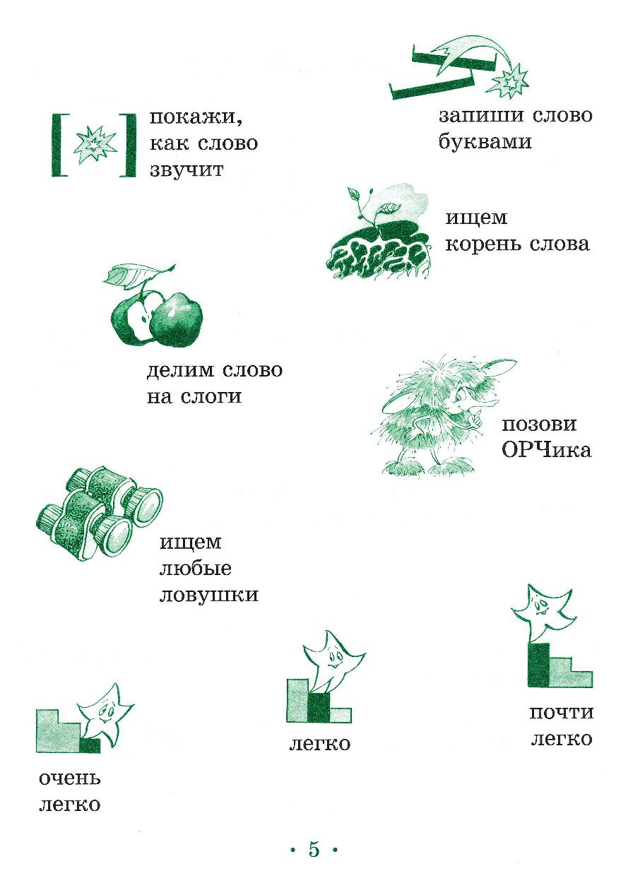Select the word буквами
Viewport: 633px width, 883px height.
485,141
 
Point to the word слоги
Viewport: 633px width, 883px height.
211,396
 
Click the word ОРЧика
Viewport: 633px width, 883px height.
546,450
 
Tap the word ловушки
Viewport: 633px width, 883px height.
209,595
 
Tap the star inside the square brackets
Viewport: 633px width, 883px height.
95,144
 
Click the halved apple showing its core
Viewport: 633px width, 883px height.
134,316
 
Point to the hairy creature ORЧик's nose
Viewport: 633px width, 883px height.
488,403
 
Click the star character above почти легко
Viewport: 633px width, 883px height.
543,614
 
